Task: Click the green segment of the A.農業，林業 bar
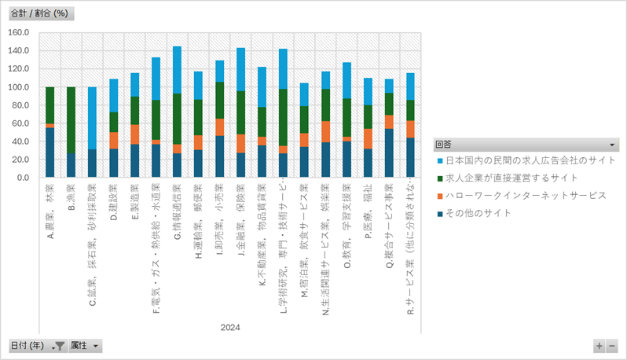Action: coord(49,105)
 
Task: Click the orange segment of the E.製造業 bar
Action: coord(134,134)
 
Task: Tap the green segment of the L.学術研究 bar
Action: coord(283,117)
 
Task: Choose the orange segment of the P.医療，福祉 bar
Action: coord(368,138)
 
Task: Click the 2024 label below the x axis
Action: coord(230,328)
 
